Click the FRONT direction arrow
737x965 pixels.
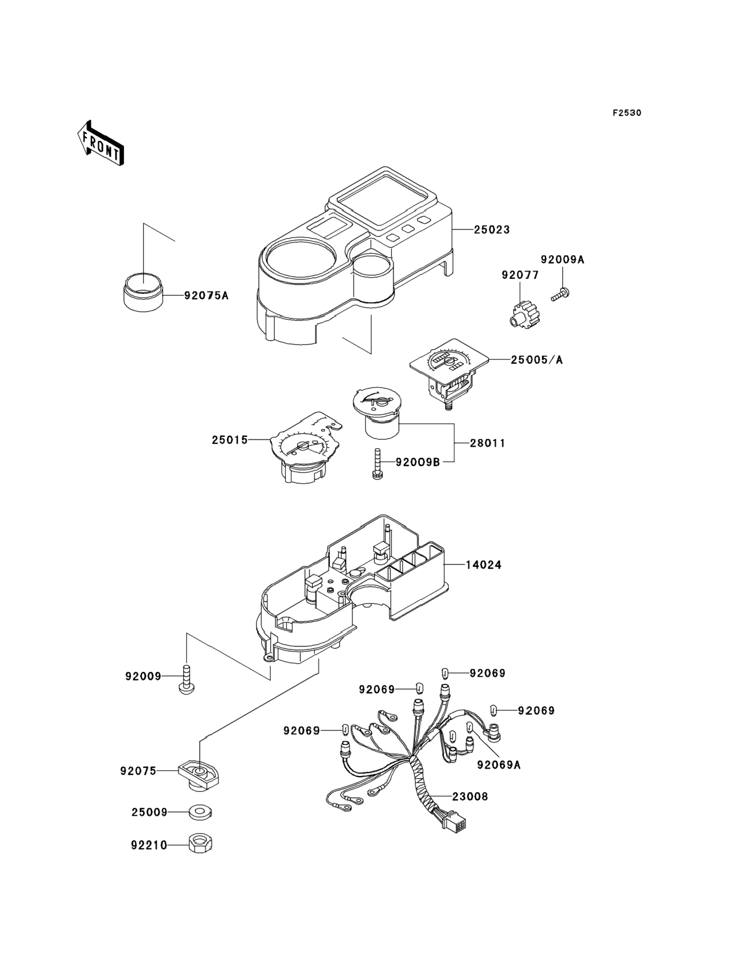point(100,143)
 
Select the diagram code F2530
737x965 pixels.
point(627,113)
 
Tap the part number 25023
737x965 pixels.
point(492,230)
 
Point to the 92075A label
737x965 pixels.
point(206,296)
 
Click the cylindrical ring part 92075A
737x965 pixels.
point(142,293)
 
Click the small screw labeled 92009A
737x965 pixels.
point(560,294)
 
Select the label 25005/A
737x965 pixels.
point(536,360)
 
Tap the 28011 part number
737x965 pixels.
point(488,443)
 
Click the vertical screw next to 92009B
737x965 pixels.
point(376,465)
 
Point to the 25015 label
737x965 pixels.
point(230,440)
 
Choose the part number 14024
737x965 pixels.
point(483,565)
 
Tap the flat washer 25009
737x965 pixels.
point(200,812)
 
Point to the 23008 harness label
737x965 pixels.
point(470,797)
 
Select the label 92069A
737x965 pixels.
point(499,765)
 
